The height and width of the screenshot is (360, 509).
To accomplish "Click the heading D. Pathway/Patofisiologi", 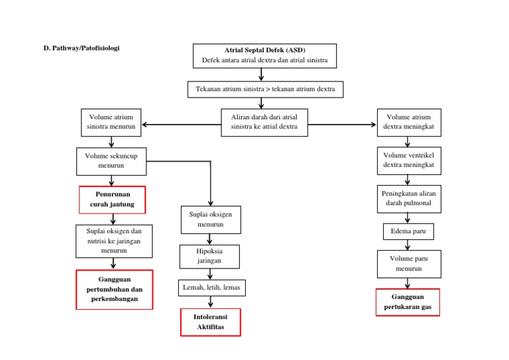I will coord(82,48).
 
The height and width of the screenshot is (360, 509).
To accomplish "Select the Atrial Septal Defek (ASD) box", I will coord(264,56).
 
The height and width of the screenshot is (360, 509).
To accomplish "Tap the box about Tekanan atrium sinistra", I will coord(265,89).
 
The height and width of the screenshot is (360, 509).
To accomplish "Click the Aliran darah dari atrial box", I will coord(264,122).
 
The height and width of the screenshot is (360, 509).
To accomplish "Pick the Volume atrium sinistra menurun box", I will coord(111,122).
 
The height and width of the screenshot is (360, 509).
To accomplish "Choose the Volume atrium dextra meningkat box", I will coord(408,122).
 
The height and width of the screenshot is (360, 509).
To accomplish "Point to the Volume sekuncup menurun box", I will coord(111,160).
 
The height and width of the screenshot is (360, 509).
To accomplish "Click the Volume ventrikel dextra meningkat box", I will coord(408,160).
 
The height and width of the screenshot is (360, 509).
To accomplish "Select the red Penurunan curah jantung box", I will coord(112,200).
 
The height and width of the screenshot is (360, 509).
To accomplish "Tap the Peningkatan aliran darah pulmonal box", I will coord(408,198).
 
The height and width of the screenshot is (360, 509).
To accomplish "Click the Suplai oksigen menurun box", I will coord(210,219).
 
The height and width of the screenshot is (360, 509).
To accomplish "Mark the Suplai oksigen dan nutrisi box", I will coord(114,241).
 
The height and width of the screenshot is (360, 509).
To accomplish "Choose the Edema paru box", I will coord(408,231).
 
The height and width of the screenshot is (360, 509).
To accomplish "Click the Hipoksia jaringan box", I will coord(209,257).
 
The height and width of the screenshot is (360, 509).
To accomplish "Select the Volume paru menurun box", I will coord(408,264).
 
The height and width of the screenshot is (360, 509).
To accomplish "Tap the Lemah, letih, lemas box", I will coord(210,288).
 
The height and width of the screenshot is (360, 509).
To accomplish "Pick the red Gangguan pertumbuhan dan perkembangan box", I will coord(115,290).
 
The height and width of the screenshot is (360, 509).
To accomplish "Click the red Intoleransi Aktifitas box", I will coord(210,322).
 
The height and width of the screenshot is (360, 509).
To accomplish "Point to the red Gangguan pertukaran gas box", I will coord(408,302).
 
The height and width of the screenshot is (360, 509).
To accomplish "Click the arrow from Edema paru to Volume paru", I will coord(408,245).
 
